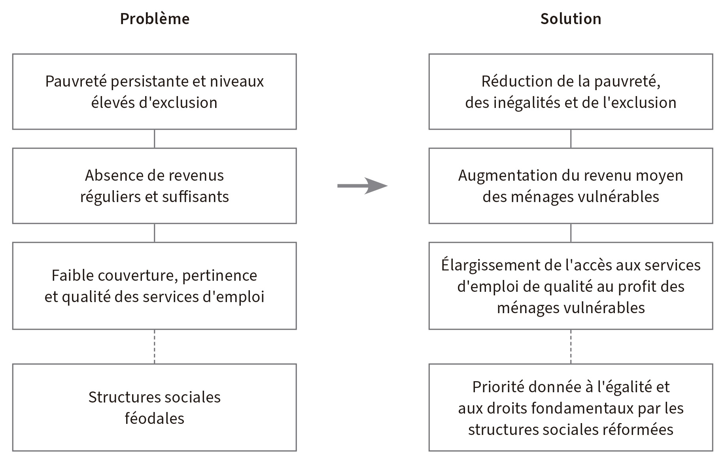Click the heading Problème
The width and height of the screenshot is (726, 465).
155,19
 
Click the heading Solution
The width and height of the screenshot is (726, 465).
571,19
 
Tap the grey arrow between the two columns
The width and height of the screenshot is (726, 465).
362,186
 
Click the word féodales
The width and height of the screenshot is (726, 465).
154,418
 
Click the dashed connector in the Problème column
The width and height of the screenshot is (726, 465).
154,347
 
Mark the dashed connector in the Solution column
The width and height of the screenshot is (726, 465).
571,347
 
